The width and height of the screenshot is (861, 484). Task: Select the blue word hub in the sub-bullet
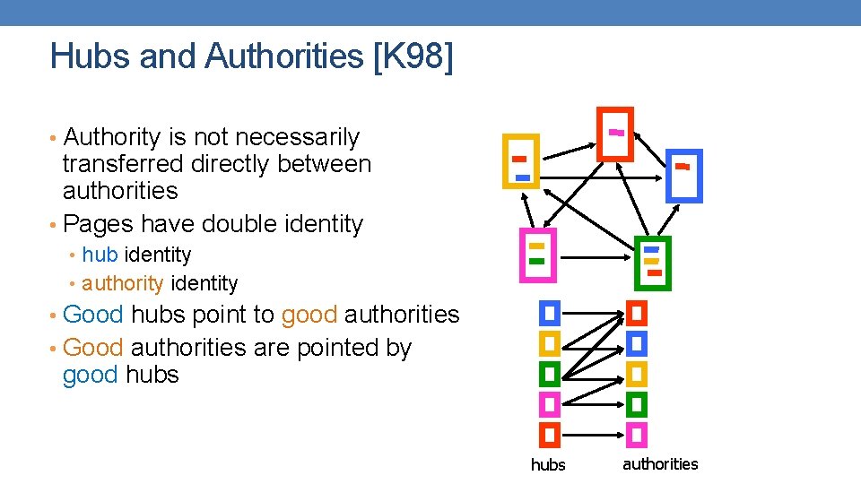(100, 255)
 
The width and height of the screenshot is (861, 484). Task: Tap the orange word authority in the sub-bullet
(122, 284)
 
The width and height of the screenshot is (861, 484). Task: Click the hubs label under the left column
(548, 464)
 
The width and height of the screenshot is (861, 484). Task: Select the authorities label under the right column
(660, 463)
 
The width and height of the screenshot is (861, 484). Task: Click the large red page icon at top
(615, 134)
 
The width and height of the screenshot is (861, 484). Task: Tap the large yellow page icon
(521, 161)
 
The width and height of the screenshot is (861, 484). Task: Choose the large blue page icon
(685, 176)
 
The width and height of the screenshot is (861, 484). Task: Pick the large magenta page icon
(537, 255)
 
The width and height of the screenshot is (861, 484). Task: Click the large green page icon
(652, 263)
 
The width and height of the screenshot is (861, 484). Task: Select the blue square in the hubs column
(550, 313)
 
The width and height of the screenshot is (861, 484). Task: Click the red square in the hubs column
(550, 435)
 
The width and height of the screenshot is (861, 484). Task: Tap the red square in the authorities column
(636, 313)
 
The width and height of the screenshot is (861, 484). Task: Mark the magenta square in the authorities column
(636, 435)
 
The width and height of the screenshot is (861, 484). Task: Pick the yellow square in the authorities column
(636, 373)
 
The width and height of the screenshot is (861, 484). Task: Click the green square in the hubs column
(550, 373)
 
